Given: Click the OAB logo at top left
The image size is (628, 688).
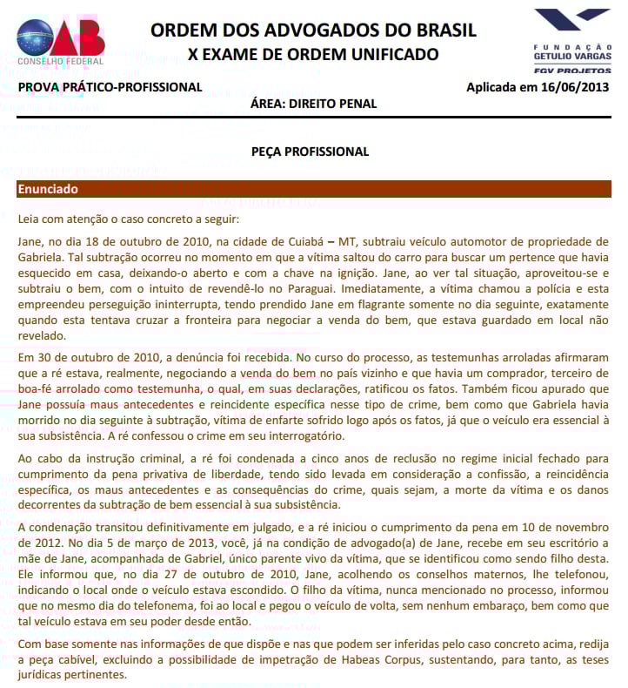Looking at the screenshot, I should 62,40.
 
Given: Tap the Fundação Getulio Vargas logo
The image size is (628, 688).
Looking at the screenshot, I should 571,34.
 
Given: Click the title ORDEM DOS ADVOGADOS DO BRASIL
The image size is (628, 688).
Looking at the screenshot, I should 313,30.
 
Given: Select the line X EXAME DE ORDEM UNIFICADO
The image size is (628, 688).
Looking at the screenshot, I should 313,55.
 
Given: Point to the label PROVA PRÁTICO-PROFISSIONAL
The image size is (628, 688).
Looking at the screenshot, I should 110,87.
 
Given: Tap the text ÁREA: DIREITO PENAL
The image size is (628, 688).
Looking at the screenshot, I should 313,104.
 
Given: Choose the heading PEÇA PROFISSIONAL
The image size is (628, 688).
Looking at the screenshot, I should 313,152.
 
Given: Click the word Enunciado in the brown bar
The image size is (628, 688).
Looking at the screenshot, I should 48,189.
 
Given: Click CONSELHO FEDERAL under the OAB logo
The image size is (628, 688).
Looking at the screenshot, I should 61,62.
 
